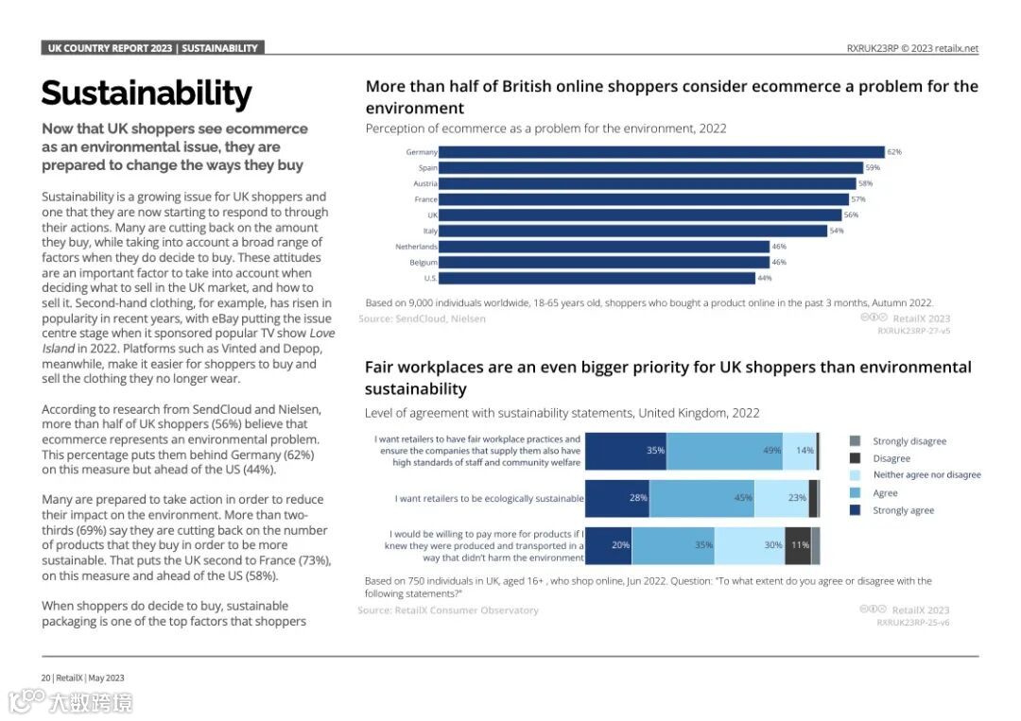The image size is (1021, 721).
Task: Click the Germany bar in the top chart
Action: pyautogui.click(x=662, y=152)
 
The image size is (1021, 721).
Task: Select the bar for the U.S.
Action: pyautogui.click(x=597, y=279)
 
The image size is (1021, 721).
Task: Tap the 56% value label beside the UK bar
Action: pyautogui.click(x=851, y=215)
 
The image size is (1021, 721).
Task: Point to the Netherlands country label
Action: pyautogui.click(x=416, y=247)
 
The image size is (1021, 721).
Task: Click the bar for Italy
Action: pyautogui.click(x=633, y=231)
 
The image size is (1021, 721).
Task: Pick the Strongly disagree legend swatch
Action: pyautogui.click(x=855, y=441)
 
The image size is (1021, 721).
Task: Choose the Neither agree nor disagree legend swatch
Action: pyautogui.click(x=855, y=475)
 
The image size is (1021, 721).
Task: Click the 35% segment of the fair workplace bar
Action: pyautogui.click(x=626, y=451)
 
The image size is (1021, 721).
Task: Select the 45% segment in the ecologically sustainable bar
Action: pyautogui.click(x=701, y=498)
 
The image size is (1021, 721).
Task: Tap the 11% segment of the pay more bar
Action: pyautogui.click(x=798, y=545)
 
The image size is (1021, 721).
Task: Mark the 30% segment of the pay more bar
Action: pyautogui.click(x=750, y=545)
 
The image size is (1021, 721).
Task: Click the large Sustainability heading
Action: pyautogui.click(x=147, y=94)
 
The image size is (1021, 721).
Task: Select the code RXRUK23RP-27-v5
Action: pyautogui.click(x=913, y=332)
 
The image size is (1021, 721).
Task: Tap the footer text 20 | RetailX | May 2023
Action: pyautogui.click(x=83, y=678)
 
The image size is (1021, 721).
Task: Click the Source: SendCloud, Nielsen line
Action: pyautogui.click(x=422, y=319)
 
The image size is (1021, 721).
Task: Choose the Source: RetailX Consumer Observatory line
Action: pyautogui.click(x=448, y=610)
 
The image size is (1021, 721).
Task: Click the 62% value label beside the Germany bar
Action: pyautogui.click(x=894, y=152)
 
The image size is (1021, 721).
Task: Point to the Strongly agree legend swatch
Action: pyautogui.click(x=855, y=510)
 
